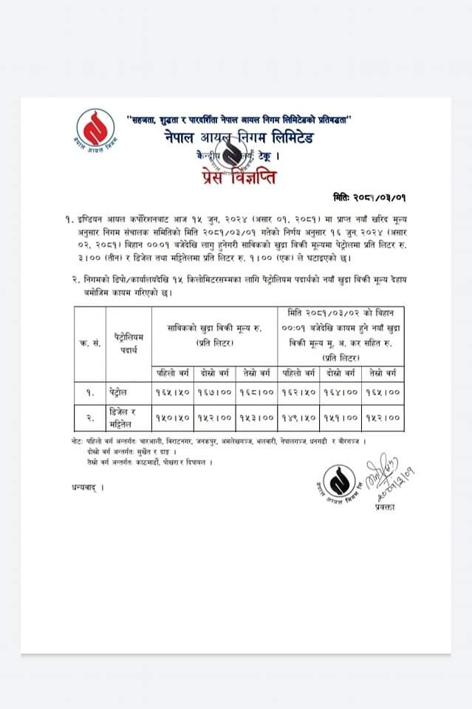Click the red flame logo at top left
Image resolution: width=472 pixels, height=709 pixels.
(x=95, y=129)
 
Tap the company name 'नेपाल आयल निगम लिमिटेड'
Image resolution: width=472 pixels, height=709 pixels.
(x=239, y=137)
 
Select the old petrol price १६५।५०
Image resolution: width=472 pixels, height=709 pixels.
(x=173, y=392)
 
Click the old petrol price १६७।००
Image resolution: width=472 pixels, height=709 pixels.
(x=215, y=392)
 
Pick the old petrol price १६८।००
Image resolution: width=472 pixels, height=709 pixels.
(x=257, y=392)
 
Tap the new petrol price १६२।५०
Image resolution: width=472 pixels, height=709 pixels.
(x=299, y=392)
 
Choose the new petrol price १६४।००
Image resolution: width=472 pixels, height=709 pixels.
(x=341, y=392)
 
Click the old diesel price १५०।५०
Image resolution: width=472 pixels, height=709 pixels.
(x=173, y=417)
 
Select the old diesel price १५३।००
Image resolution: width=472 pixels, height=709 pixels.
(x=257, y=417)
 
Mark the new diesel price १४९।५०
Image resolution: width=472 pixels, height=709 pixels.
(x=299, y=417)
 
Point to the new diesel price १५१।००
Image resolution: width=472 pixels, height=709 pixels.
(x=341, y=417)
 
